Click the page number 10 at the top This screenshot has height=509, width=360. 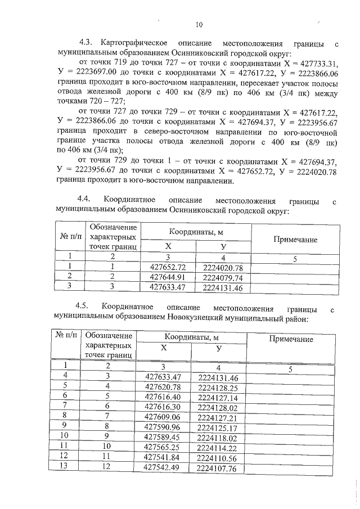click(199, 24)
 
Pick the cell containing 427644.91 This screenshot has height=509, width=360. click(167, 277)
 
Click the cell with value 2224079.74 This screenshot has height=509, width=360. click(223, 277)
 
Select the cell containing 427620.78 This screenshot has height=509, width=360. click(163, 388)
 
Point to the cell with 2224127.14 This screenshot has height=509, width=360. click(219, 397)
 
